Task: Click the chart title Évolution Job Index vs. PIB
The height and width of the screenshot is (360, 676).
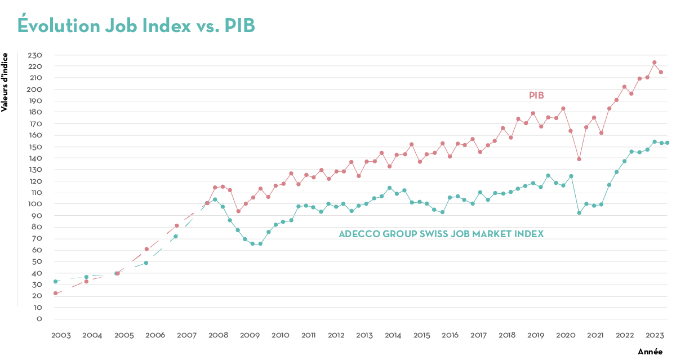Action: point(136,25)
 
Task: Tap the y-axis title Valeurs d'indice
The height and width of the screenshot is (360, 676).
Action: point(5,82)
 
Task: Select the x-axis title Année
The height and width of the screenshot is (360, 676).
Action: point(650,352)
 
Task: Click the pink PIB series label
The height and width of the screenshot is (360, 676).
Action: point(536,96)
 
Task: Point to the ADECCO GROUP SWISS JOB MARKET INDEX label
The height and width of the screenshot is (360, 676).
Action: point(441,234)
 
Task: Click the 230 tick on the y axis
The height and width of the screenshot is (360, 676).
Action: point(35,55)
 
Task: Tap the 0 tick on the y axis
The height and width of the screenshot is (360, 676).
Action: point(39,319)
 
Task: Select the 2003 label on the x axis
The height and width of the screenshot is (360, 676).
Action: point(61,335)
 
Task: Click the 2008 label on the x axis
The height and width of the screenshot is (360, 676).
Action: point(218,335)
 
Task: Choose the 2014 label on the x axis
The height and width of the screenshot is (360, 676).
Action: point(393,335)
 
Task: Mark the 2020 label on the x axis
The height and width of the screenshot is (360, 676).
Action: point(566,335)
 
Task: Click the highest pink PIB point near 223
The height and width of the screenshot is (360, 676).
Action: point(654,63)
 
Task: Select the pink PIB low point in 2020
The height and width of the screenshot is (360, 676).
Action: point(579,159)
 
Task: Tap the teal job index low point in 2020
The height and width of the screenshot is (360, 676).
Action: point(579,212)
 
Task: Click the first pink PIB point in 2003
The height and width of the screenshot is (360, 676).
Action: point(55,294)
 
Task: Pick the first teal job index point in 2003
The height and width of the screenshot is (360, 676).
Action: point(55,281)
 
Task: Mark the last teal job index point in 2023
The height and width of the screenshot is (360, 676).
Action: point(668,143)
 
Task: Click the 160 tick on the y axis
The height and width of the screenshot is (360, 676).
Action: point(35,135)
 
